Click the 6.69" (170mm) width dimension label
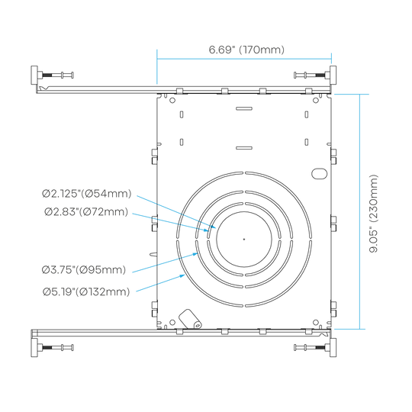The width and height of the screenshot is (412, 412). (x=246, y=50)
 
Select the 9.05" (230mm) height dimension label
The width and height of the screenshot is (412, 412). (x=373, y=214)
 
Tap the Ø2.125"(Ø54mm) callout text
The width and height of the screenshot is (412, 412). (x=87, y=194)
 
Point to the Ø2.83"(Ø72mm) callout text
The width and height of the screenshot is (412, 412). (x=86, y=211)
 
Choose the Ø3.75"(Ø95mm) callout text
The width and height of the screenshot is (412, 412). (x=84, y=270)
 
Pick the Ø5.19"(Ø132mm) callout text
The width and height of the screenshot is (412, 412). (x=86, y=291)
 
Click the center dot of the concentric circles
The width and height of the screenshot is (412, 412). (x=244, y=239)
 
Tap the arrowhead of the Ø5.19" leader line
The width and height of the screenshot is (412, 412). (x=182, y=276)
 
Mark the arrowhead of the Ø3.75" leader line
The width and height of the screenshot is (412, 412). (x=195, y=254)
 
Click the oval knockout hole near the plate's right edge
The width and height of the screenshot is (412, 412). (x=319, y=174)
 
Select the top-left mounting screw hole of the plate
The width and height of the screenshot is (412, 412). (x=172, y=100)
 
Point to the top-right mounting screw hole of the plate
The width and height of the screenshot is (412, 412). (x=316, y=100)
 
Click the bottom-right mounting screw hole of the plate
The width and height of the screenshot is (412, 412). (x=316, y=323)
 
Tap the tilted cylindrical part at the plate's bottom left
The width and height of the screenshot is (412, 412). (x=190, y=319)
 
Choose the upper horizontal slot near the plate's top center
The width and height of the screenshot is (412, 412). (x=244, y=108)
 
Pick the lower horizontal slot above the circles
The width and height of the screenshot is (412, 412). (x=244, y=148)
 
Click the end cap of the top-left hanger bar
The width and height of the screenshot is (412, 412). (x=34, y=75)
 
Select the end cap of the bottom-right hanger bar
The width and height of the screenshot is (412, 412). (x=333, y=348)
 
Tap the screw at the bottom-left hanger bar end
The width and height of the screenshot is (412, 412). (x=56, y=348)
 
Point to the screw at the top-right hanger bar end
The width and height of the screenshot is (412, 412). (x=312, y=75)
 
